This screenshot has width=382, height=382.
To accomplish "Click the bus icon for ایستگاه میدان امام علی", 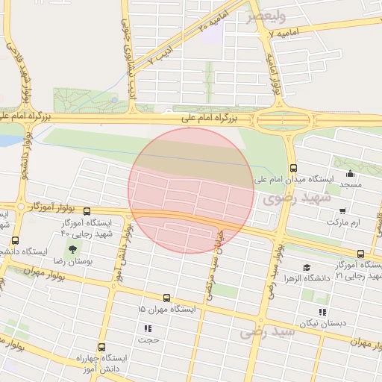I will pyautogui.click(x=293, y=168).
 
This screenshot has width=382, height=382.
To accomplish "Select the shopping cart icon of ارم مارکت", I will pyautogui.click(x=342, y=211).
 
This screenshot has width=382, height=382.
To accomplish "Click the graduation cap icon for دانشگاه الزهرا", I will pyautogui.click(x=307, y=268).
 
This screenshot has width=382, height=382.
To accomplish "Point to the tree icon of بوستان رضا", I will pyautogui.click(x=72, y=249).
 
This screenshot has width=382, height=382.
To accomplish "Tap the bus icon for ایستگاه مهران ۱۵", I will pyautogui.click(x=166, y=297).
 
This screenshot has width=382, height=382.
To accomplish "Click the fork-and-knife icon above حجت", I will pyautogui.click(x=147, y=328).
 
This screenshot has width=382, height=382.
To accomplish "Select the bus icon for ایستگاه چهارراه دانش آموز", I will pyautogui.click(x=101, y=347).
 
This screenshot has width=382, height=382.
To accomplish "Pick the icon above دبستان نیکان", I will pyautogui.click(x=322, y=312).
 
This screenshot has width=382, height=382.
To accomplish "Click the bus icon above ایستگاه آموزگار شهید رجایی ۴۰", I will pyautogui.click(x=87, y=211).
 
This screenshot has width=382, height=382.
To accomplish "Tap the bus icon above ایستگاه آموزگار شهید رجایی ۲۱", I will pyautogui.click(x=361, y=254).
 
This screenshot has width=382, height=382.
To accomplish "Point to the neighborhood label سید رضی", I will pyautogui.click(x=268, y=331).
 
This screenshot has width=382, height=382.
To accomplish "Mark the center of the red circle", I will pyautogui.click(x=190, y=190).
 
